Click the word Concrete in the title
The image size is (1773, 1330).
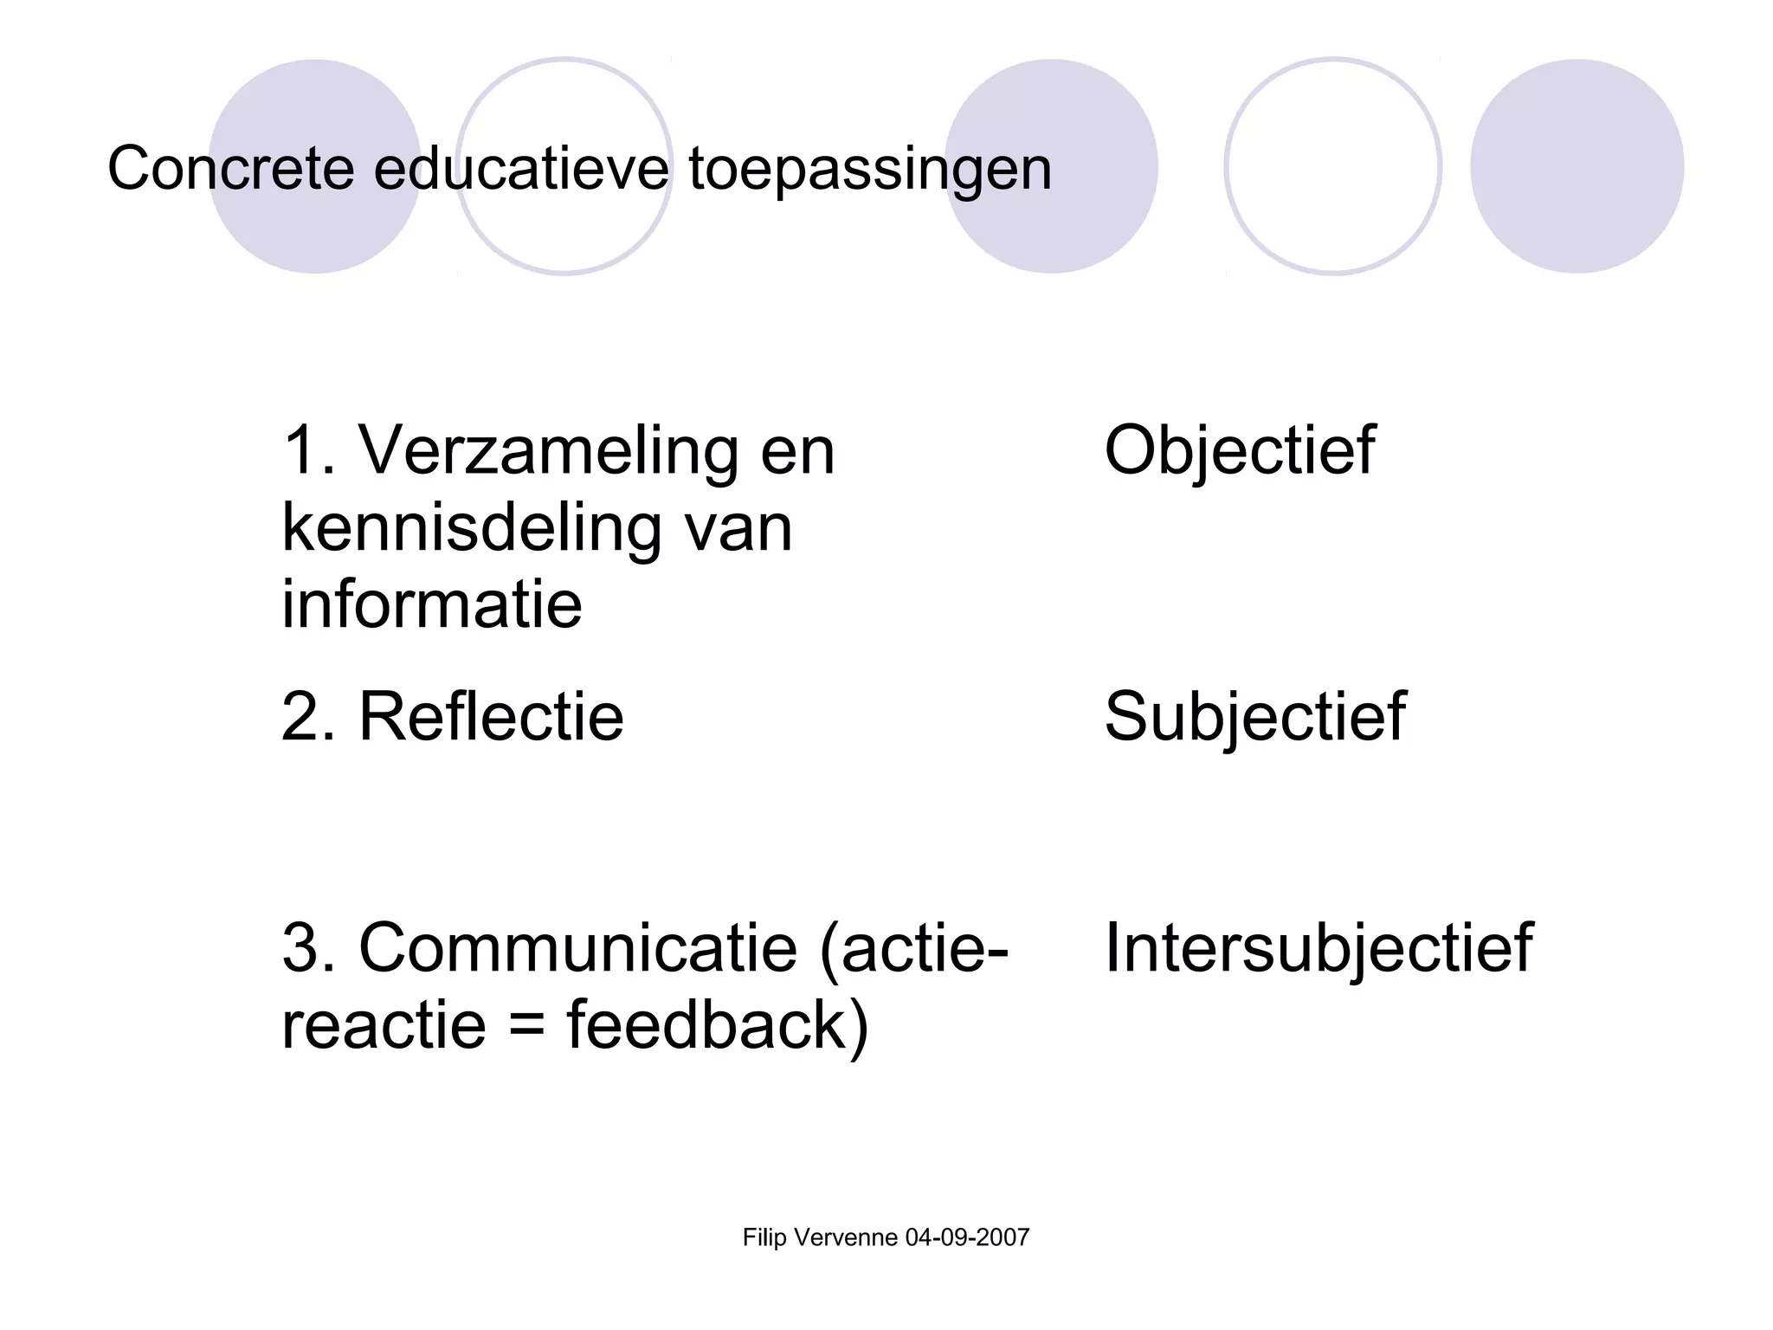click(x=230, y=168)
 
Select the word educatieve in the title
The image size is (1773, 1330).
click(x=521, y=168)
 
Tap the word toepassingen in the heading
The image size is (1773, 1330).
click(x=869, y=170)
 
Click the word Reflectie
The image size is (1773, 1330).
click(x=490, y=717)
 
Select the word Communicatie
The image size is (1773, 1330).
click(x=577, y=948)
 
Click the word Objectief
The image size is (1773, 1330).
click(x=1239, y=451)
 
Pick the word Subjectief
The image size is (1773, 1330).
click(x=1254, y=717)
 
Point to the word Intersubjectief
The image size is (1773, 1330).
click(x=1318, y=948)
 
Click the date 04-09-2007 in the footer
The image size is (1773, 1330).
click(x=967, y=1237)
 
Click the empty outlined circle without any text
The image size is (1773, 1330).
click(x=1332, y=166)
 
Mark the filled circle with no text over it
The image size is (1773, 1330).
click(x=1576, y=166)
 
